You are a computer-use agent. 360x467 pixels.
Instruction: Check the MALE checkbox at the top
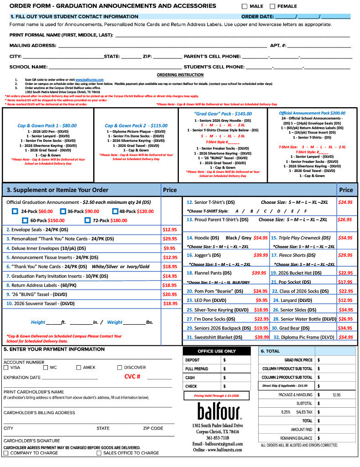pyautogui.click(x=245, y=6)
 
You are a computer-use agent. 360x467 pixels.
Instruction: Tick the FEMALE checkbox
pyautogui.click(x=272, y=6)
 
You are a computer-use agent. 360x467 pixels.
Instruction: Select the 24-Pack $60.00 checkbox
pyautogui.click(x=15, y=211)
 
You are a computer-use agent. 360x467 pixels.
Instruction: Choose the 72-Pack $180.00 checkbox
pyautogui.click(x=88, y=220)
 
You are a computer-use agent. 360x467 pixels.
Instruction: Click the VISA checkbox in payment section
pyautogui.click(x=6, y=367)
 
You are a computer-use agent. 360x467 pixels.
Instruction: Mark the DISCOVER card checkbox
pyautogui.click(x=120, y=367)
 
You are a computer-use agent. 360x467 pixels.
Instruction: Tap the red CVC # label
pyautogui.click(x=132, y=377)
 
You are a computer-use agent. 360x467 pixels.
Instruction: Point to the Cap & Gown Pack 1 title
pyautogui.click(x=47, y=125)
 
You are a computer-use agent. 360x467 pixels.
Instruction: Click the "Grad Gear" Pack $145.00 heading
pyautogui.click(x=222, y=114)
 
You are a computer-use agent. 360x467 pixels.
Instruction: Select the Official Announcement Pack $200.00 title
pyautogui.click(x=312, y=113)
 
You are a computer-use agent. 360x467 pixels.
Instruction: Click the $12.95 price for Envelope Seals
pyautogui.click(x=170, y=230)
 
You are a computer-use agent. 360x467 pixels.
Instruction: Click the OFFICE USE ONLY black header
pyautogui.click(x=217, y=351)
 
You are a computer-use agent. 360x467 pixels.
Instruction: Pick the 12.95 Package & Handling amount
pyautogui.click(x=337, y=394)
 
